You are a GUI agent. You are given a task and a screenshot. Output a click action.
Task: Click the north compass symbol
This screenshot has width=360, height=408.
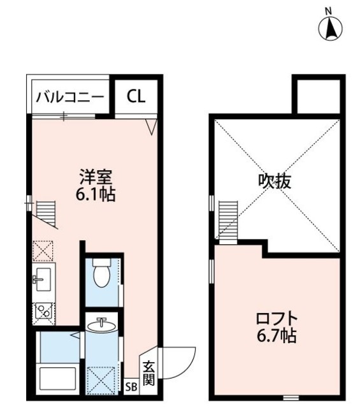click(x=330, y=26)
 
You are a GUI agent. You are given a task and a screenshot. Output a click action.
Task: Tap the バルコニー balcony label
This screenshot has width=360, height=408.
click(x=69, y=97)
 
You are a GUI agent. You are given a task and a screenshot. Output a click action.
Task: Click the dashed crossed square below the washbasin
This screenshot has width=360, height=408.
click(x=102, y=378)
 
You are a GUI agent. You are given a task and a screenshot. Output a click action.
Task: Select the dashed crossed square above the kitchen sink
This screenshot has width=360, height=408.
click(x=43, y=251)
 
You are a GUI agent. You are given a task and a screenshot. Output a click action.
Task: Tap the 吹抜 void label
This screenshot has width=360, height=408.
click(x=275, y=182)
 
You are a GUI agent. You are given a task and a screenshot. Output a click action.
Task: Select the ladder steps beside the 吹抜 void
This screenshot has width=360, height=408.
click(x=227, y=220)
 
